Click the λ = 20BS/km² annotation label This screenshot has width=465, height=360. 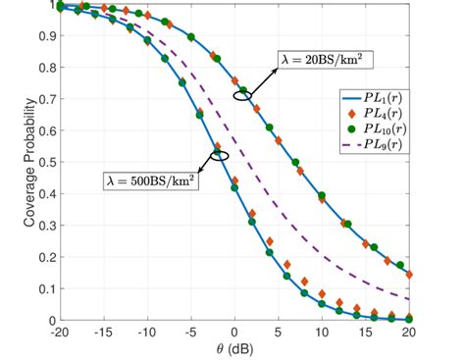click(321, 59)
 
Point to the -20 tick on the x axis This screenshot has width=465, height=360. click(60, 332)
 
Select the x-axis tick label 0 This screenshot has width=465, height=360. click(234, 332)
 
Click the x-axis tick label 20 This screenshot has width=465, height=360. click(409, 332)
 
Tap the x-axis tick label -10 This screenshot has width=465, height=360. click(147, 332)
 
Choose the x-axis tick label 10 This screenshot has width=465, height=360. click(322, 332)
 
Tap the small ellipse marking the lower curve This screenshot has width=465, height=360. click(220, 155)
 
